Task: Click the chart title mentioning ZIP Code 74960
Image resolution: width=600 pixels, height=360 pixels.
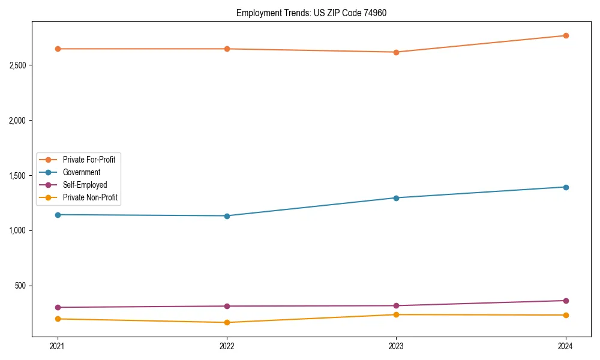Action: [307, 13]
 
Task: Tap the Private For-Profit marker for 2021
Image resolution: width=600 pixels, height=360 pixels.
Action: [58, 49]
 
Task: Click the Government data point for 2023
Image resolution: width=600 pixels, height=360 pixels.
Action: [396, 198]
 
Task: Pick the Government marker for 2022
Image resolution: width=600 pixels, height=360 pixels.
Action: [227, 216]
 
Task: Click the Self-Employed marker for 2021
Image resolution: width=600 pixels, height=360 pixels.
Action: [58, 307]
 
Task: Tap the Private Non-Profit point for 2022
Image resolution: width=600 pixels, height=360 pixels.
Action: [227, 323]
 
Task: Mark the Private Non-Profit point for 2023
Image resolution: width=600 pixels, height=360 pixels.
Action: [396, 314]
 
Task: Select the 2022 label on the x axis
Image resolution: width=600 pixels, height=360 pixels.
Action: [227, 346]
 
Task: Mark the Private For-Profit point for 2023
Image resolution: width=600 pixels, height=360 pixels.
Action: [396, 52]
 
